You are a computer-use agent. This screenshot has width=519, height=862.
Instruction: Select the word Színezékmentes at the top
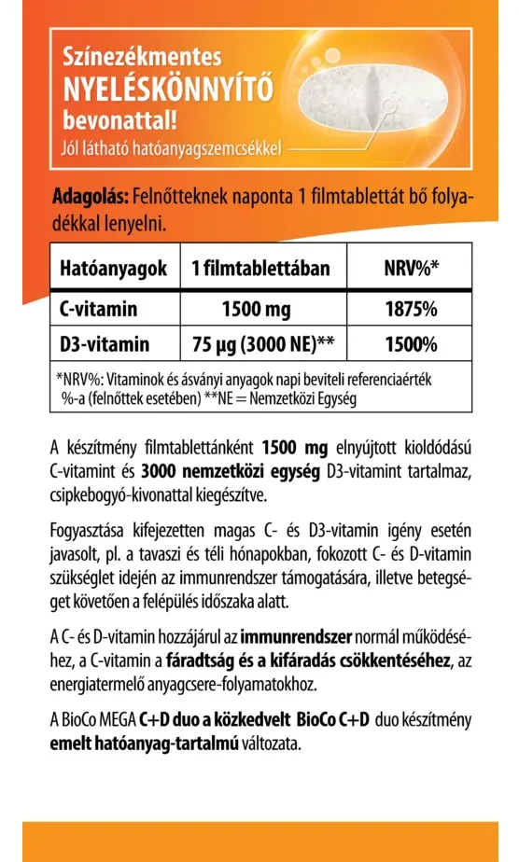[141, 59]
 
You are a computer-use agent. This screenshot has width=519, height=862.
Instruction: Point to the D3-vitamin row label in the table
[104, 344]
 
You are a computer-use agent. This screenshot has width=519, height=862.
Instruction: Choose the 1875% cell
[411, 308]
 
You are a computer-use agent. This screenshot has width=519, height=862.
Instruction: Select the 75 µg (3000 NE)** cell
[263, 344]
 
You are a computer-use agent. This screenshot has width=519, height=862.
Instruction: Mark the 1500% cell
[411, 344]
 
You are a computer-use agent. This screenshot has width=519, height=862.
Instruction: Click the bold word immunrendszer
[296, 638]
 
